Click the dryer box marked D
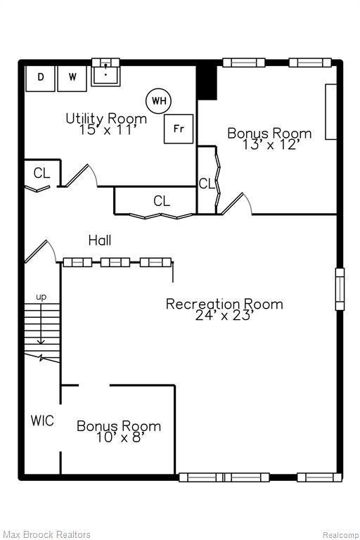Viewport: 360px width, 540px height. point(40,78)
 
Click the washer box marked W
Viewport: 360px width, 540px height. point(72,78)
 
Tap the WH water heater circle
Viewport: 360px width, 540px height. point(159,101)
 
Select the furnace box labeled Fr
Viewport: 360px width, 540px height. point(179,129)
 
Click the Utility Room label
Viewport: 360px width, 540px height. point(106,118)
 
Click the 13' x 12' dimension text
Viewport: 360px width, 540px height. point(269,145)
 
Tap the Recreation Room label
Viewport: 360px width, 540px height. point(224,304)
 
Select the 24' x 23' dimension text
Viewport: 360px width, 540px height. point(224,315)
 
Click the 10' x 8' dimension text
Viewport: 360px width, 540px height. point(120,437)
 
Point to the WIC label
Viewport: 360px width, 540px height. point(42,420)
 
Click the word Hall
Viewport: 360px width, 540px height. point(100,240)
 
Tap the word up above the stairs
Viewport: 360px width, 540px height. point(41,297)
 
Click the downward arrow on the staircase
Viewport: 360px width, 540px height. point(41,323)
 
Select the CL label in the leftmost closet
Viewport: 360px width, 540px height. point(41,173)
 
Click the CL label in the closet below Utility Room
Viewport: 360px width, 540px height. point(162,200)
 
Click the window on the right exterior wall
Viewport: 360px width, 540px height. point(340,289)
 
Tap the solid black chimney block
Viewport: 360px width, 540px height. point(207,82)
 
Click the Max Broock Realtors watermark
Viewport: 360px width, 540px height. point(46,534)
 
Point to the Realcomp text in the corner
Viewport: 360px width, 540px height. point(340,535)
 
